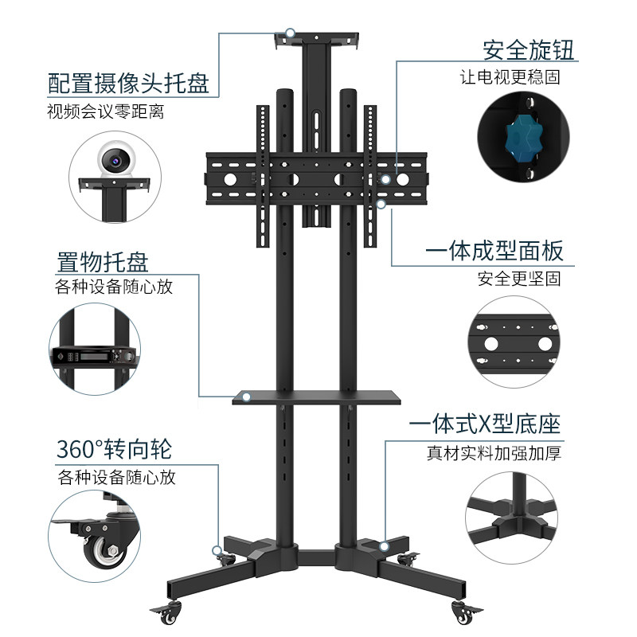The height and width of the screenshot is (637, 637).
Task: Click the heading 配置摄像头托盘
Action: [128, 83]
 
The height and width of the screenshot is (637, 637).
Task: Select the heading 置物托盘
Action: [103, 261]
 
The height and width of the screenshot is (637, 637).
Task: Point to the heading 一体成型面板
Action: [494, 252]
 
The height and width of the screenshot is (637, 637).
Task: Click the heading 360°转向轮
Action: [114, 450]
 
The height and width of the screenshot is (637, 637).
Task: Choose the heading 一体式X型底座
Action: [485, 424]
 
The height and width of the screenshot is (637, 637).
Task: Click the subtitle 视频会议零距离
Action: [106, 111]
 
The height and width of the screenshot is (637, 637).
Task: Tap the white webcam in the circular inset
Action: [116, 161]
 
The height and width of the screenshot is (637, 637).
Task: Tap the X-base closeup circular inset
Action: [514, 518]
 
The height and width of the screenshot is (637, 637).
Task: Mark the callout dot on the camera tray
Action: [291, 33]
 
